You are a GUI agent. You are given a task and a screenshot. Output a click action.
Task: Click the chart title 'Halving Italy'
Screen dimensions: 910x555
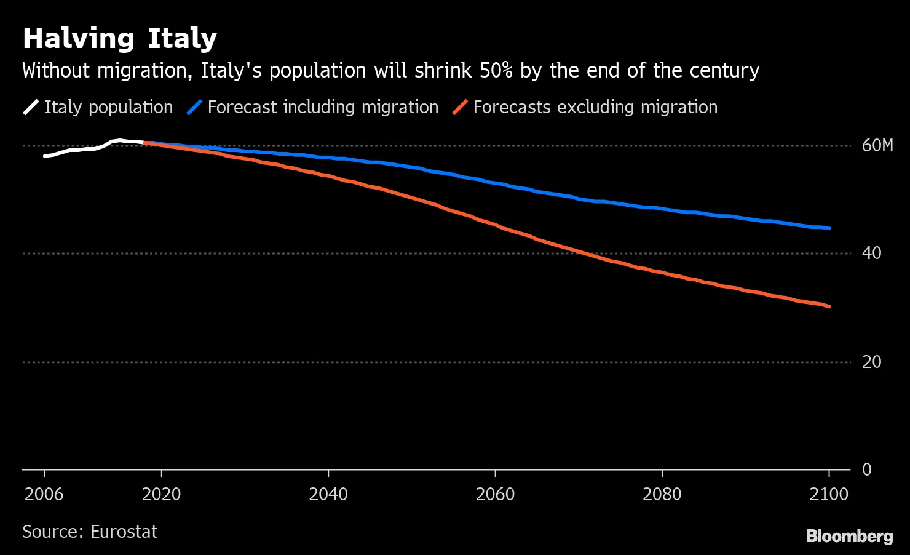(x=120, y=39)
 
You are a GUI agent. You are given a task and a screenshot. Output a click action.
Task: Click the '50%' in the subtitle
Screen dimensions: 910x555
(x=496, y=70)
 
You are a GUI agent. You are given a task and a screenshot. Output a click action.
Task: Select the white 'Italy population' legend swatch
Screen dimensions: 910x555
(x=31, y=107)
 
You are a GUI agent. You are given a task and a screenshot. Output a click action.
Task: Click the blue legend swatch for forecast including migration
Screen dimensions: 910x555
(x=194, y=107)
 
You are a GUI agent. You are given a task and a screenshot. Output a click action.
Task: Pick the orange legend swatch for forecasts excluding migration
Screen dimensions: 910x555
(x=460, y=107)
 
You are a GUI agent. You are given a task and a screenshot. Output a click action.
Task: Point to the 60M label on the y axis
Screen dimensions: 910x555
(x=877, y=146)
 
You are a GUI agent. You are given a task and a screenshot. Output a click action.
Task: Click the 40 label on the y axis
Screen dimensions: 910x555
(x=871, y=254)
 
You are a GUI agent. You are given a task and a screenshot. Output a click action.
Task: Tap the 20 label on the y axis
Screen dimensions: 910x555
(x=871, y=362)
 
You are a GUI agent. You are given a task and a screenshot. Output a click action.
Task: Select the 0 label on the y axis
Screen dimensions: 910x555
(x=867, y=469)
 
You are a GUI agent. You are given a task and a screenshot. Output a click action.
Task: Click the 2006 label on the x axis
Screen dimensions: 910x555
(x=44, y=495)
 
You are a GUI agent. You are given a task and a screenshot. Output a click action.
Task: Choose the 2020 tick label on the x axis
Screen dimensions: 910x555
(x=161, y=495)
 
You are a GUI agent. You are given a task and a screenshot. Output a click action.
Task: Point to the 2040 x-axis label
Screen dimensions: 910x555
(x=328, y=495)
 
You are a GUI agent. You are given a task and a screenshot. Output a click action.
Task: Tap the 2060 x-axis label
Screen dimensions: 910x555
(x=495, y=495)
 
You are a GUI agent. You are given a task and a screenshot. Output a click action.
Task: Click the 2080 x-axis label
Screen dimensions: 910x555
(x=662, y=495)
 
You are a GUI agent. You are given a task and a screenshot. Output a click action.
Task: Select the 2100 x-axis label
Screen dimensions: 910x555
(x=829, y=495)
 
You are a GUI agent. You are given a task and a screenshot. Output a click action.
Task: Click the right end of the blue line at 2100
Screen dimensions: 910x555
(x=829, y=228)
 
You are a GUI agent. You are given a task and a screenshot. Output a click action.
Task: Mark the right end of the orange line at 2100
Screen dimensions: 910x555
(x=829, y=306)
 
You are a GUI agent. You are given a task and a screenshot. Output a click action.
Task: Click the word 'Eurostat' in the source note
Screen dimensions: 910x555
(x=124, y=532)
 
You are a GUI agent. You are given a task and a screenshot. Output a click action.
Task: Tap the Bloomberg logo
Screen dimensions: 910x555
(x=850, y=537)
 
